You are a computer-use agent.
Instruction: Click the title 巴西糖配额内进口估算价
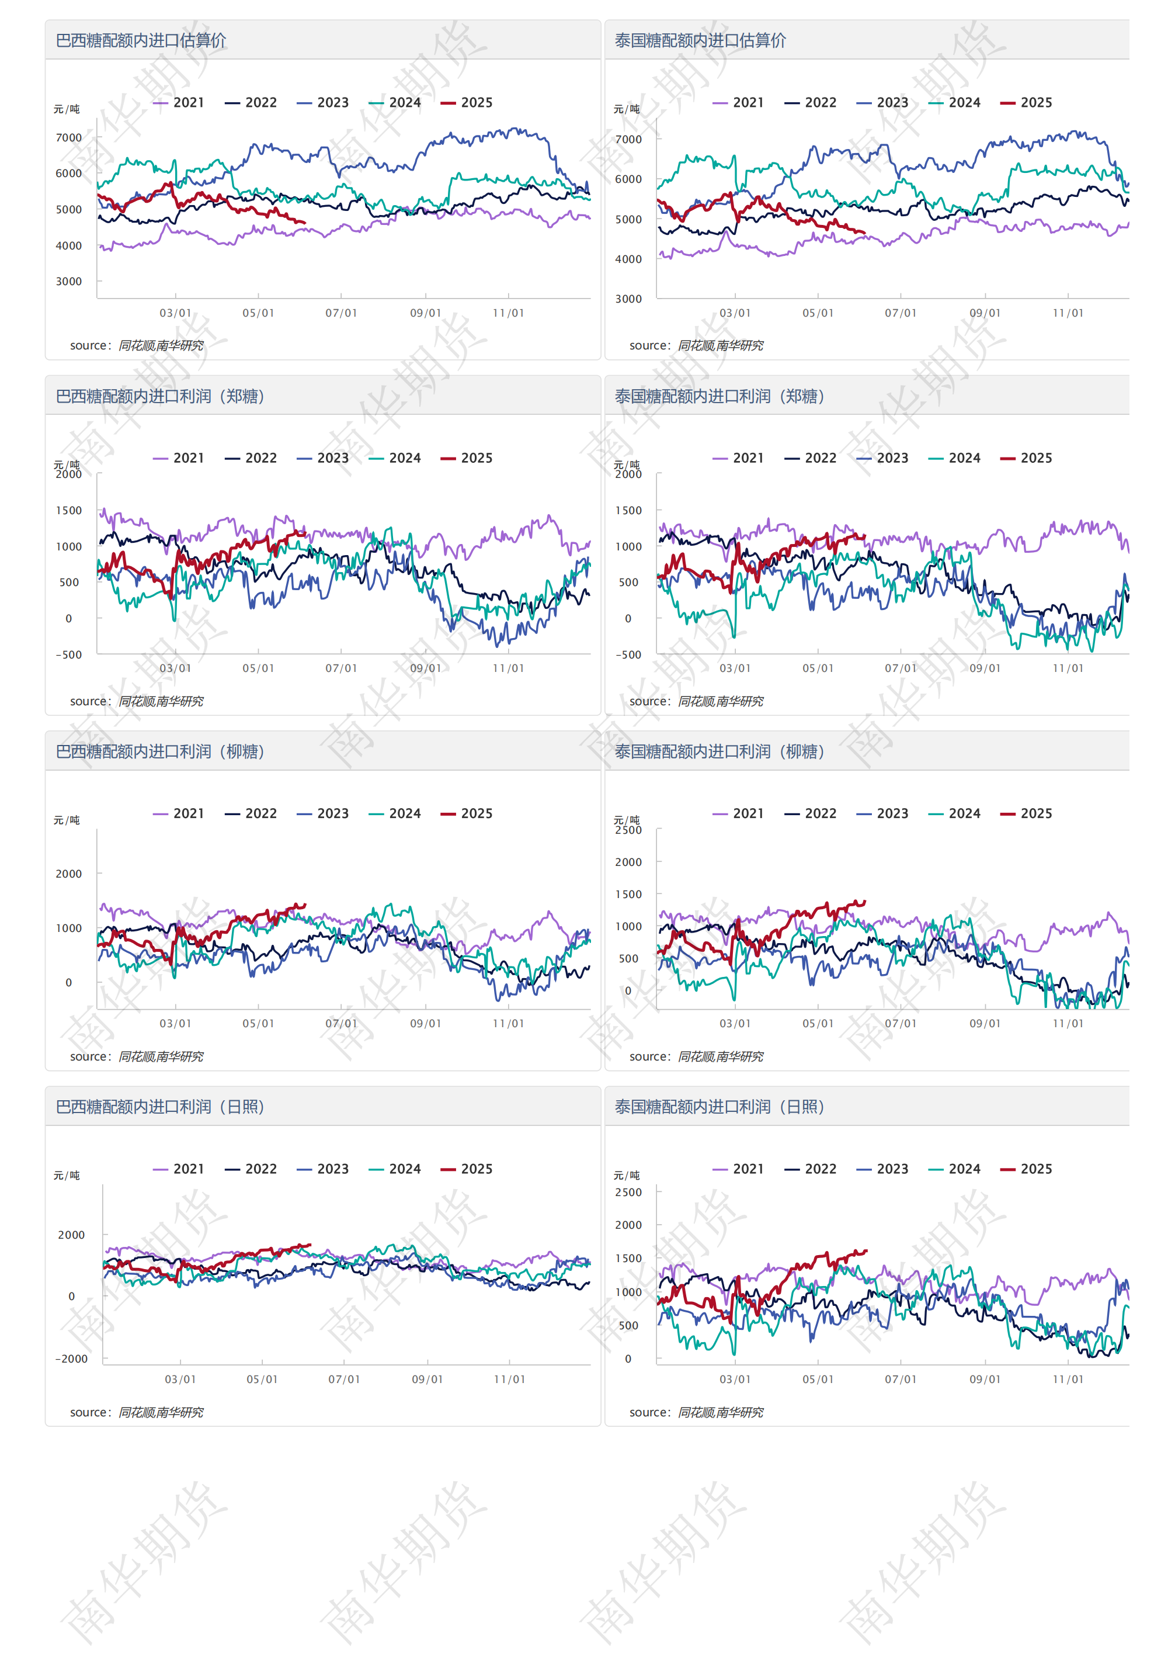(x=141, y=40)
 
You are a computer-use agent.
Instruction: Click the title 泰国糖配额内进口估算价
(x=700, y=40)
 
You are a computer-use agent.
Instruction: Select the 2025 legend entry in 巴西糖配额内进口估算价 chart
(x=467, y=103)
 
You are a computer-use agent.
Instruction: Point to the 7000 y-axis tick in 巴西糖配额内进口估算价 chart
(x=69, y=137)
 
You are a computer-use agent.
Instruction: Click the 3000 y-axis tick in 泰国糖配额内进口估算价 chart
(x=628, y=299)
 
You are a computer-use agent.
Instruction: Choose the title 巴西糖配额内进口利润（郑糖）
(x=160, y=396)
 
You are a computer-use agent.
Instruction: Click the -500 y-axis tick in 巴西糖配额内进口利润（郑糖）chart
(x=69, y=654)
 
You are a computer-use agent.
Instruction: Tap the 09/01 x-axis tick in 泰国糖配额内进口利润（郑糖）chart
(x=985, y=668)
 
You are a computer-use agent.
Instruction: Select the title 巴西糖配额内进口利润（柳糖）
(x=160, y=751)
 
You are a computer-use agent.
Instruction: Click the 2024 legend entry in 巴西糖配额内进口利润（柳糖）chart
(x=395, y=813)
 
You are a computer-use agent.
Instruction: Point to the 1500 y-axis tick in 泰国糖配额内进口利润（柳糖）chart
(x=628, y=894)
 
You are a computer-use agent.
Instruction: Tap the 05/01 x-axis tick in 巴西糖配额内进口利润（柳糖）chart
(x=258, y=1023)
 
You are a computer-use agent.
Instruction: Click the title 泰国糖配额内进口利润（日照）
(x=719, y=1107)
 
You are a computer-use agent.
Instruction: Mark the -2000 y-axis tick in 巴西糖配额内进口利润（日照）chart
(x=71, y=1359)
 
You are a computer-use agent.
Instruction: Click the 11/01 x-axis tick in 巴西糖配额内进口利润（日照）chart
(x=509, y=1379)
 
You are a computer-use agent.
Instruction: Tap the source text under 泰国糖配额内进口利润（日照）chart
(x=696, y=1412)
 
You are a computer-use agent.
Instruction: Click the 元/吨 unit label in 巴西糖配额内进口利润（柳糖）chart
(x=67, y=820)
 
